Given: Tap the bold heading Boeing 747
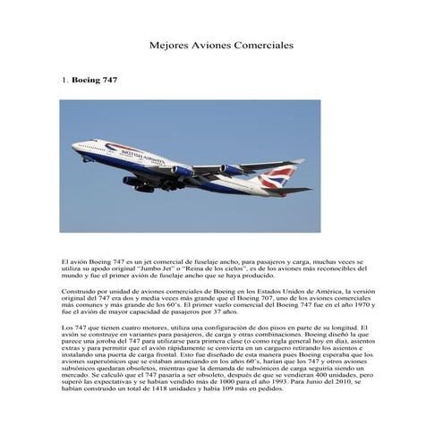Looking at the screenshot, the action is tap(95, 81).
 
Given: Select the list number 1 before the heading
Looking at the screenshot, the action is tap(64, 81).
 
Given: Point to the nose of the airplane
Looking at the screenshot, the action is tap(73, 145).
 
